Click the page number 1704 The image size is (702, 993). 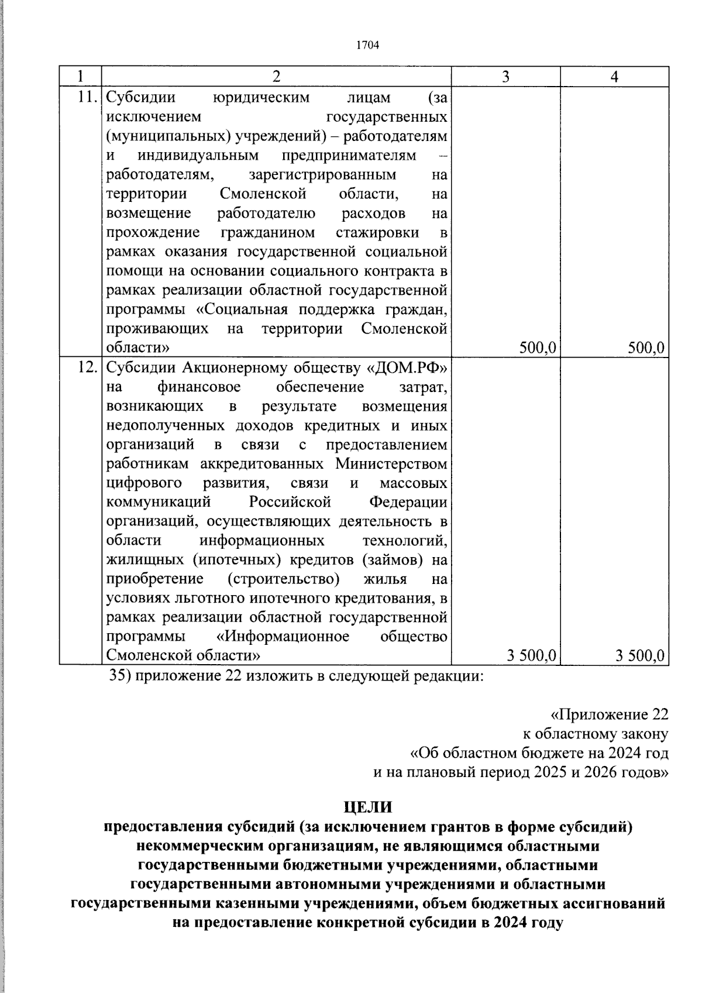[x=368, y=46]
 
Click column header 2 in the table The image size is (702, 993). [x=276, y=77]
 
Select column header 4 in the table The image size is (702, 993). [x=614, y=77]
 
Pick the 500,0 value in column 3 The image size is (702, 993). [x=537, y=348]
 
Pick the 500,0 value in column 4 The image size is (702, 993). [x=646, y=348]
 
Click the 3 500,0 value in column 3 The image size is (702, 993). [x=531, y=655]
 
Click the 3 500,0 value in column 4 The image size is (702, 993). [x=640, y=655]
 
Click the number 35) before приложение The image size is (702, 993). [x=121, y=676]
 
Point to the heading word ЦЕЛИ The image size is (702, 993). [x=367, y=807]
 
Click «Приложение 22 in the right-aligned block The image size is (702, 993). [x=609, y=714]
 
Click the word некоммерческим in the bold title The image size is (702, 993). [x=192, y=846]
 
